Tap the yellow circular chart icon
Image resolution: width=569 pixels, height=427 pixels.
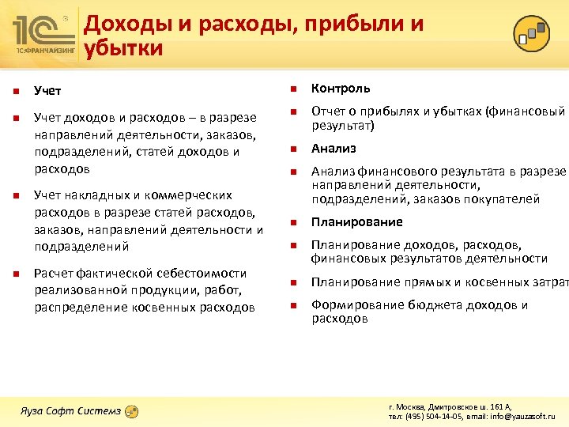pos(532,32)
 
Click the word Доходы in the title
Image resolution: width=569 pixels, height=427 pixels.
pos(128,24)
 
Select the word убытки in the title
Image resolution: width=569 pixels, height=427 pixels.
pos(124,49)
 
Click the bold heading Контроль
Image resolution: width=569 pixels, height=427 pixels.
pos(341,89)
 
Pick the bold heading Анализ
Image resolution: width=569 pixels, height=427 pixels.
pos(333,149)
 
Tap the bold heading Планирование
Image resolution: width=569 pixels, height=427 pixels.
pos(356,222)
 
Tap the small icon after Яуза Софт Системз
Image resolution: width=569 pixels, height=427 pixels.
pos(133,411)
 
